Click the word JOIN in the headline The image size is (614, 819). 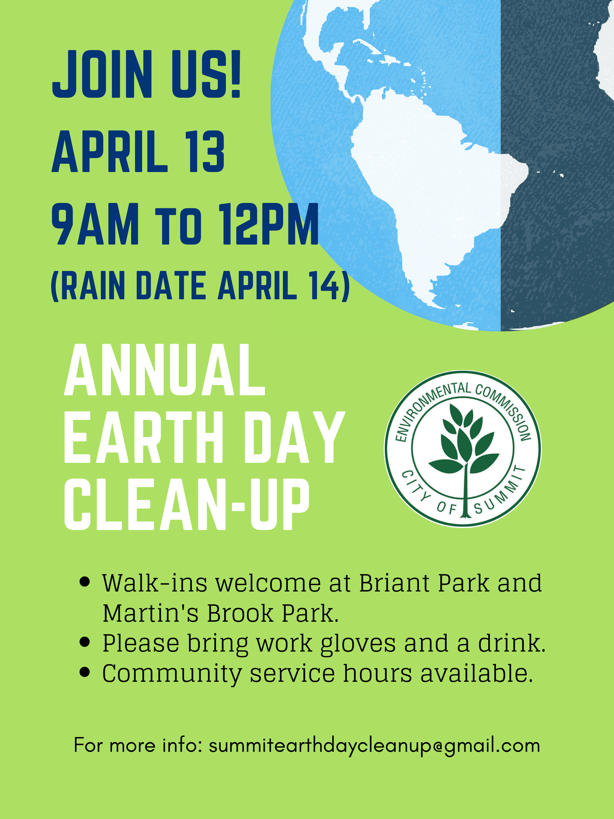[102, 74]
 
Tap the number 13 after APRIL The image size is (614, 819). [206, 152]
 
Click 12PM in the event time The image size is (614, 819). [269, 224]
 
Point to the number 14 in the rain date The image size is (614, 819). [324, 285]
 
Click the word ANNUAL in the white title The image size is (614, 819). [165, 370]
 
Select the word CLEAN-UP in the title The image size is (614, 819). [187, 504]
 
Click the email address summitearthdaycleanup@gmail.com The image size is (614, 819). [374, 745]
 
